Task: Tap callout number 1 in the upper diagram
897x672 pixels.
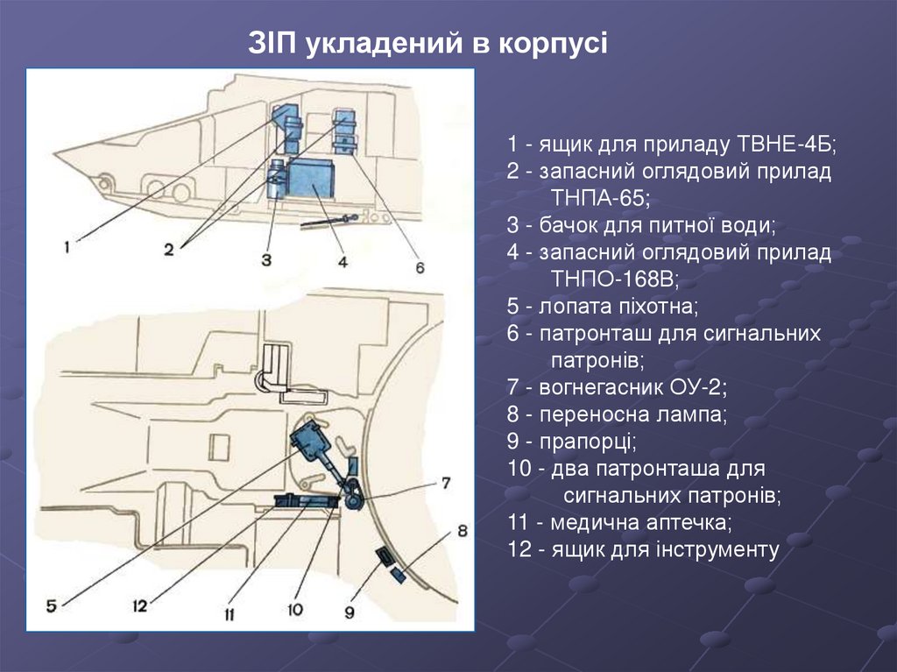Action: [x=66, y=248]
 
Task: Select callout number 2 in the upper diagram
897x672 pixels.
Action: [x=167, y=248]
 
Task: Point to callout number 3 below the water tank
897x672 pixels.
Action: [x=265, y=259]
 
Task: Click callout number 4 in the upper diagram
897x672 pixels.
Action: [x=343, y=260]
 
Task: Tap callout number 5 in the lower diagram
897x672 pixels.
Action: [x=51, y=605]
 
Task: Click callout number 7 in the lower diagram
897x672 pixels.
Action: [x=445, y=482]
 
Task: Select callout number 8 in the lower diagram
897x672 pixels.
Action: [x=462, y=530]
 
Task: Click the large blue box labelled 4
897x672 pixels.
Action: [x=312, y=178]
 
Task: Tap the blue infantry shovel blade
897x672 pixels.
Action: [x=306, y=436]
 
